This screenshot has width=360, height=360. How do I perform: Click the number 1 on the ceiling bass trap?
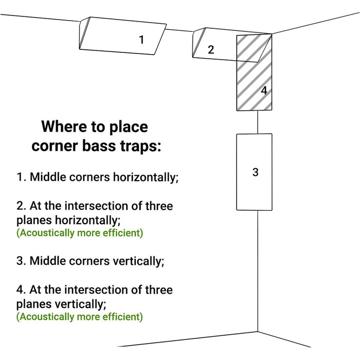tap(141, 40)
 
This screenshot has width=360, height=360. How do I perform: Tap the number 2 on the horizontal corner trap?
tap(211, 50)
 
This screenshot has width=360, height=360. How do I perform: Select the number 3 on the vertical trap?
tap(255, 172)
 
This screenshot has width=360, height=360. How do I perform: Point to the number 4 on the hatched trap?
tap(264, 91)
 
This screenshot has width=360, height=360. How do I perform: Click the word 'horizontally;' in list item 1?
tap(146, 177)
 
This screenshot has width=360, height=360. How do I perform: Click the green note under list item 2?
tap(80, 233)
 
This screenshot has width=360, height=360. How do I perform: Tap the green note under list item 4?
tap(80, 317)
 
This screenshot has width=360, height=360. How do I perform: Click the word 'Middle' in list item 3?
tap(48, 261)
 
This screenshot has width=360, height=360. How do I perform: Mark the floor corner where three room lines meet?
tap(258, 332)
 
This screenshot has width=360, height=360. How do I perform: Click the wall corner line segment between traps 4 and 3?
tap(258, 122)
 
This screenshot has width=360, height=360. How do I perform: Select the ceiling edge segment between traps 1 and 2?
tap(179, 30)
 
